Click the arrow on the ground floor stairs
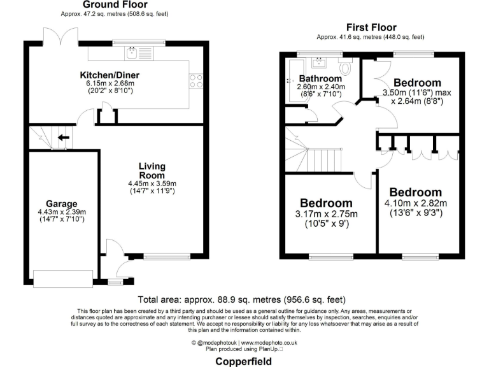click(63, 136)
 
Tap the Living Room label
click(152, 171)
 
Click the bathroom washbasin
click(318, 62)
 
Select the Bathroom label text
click(321, 79)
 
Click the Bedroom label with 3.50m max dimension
click(417, 83)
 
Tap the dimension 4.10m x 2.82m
click(415, 204)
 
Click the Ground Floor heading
click(111, 4)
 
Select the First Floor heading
click(371, 27)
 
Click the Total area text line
click(241, 300)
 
